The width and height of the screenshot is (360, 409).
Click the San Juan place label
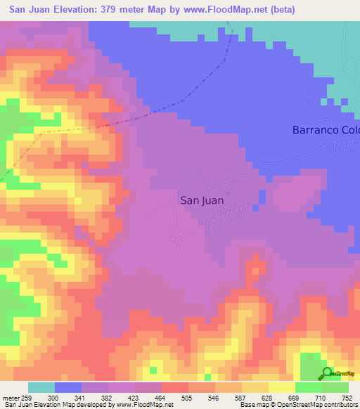tap(202, 200)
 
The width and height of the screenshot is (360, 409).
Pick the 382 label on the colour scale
tap(108, 397)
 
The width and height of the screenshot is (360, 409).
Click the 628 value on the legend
tap(268, 397)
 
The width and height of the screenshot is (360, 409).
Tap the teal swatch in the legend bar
tap(41, 387)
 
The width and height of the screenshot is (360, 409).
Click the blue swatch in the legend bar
tap(68, 387)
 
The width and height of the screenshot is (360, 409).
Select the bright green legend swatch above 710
tap(308, 387)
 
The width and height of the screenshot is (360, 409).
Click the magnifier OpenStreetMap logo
tap(327, 373)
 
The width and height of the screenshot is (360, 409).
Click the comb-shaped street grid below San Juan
tap(224, 219)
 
